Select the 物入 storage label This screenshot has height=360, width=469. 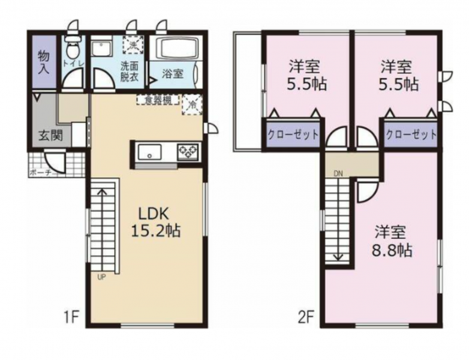pos(44,62)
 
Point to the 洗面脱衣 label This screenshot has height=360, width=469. pos(129,71)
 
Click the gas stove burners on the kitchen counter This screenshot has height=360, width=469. pos(188,152)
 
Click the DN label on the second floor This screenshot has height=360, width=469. pos(338,174)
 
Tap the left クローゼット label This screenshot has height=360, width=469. pos(292,134)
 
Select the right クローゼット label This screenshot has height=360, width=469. pos(411,134)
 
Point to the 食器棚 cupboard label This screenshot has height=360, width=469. pos(158,100)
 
